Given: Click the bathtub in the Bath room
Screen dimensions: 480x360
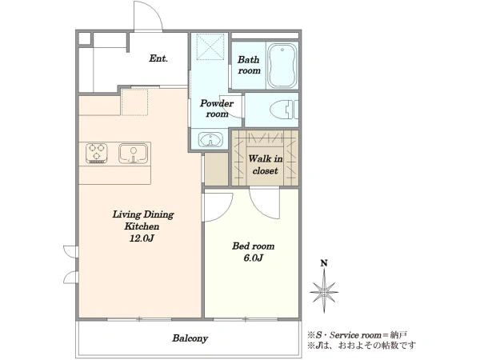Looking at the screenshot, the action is (x=282, y=65).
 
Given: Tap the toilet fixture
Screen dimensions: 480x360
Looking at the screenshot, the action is (x=284, y=110).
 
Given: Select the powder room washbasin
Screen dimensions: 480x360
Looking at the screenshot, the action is (x=211, y=139).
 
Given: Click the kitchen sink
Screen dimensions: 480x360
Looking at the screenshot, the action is (x=133, y=154).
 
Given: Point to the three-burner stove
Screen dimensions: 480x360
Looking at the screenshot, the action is (x=97, y=153).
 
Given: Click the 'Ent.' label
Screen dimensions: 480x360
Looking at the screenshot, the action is (x=158, y=58).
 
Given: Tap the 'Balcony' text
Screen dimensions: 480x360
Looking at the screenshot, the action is (x=190, y=338).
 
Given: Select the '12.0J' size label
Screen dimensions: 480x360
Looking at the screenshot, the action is (x=142, y=238).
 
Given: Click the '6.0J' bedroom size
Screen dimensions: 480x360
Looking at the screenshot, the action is (x=253, y=258).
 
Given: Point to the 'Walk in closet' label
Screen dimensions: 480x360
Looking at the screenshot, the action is (x=265, y=164).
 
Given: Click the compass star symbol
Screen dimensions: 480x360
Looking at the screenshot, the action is (x=324, y=292).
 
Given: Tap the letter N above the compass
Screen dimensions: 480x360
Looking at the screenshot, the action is (x=324, y=263).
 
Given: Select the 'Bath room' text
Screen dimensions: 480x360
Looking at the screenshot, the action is (x=249, y=65).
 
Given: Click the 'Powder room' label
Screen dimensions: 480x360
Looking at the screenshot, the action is (x=217, y=108).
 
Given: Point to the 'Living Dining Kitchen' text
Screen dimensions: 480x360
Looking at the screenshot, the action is (x=142, y=220).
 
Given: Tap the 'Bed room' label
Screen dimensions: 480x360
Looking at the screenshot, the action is (x=253, y=246).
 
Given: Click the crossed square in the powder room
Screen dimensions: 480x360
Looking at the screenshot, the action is (x=210, y=46).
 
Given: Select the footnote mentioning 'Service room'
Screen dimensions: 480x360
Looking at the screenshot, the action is (x=358, y=335).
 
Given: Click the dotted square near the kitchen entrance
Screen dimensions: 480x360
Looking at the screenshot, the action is (x=134, y=102).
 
